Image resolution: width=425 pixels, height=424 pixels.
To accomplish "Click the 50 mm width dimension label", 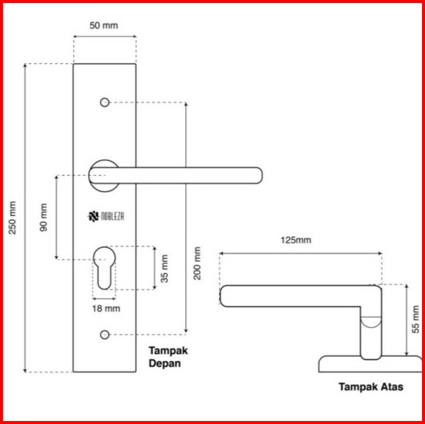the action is (x=104, y=26).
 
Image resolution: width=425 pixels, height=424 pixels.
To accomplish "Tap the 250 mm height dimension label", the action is (x=13, y=218).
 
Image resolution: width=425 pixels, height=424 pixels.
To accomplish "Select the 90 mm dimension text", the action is (x=43, y=218).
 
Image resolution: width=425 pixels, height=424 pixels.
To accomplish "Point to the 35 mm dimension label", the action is (x=164, y=269).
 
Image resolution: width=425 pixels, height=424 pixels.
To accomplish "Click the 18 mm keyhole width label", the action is (x=106, y=309).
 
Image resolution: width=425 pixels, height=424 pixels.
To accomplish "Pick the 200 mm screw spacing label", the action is (x=197, y=263).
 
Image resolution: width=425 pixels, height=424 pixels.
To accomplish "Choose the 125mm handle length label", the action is (x=296, y=240).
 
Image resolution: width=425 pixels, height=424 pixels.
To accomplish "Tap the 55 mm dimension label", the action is (x=415, y=319).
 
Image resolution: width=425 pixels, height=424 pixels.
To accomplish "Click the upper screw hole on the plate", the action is (x=105, y=102).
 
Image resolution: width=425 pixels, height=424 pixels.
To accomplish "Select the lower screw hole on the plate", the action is (x=105, y=335).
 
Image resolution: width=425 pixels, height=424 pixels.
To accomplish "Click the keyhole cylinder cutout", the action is (x=104, y=268).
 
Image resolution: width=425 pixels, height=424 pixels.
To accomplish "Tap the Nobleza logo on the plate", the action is (x=106, y=216).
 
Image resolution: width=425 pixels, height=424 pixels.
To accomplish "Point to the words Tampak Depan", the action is (x=168, y=357).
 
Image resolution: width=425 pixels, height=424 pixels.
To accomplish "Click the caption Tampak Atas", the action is (x=371, y=387).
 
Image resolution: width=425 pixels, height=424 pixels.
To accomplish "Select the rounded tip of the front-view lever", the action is (x=259, y=175).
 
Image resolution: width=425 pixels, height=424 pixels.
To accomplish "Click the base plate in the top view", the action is (x=371, y=364).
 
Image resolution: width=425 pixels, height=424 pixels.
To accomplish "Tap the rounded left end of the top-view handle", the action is (x=223, y=296).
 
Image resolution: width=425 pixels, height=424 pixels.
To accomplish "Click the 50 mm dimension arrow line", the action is (x=105, y=36).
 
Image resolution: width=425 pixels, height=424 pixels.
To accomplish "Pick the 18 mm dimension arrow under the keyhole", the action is (x=104, y=299).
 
